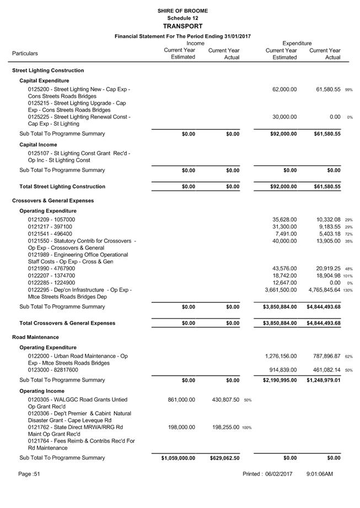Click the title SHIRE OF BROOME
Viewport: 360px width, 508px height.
[182, 10]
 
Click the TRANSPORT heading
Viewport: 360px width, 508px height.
[182, 26]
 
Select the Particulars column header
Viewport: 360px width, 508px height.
[25, 53]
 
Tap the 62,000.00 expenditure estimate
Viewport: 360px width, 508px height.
[284, 89]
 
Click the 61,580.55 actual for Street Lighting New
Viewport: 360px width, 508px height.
[325, 89]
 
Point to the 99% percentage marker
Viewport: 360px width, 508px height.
[349, 90]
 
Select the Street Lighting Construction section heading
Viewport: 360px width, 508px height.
[48, 71]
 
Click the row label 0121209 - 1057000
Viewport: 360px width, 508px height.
[51, 220]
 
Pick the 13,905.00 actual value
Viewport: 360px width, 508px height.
[325, 241]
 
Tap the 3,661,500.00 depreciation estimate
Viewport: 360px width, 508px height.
[281, 290]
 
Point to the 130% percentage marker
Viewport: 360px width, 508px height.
[348, 290]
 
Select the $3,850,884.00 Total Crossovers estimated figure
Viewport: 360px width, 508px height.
[280, 323]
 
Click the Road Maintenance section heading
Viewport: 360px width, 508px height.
[35, 337]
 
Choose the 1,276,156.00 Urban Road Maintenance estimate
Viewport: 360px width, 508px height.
[281, 356]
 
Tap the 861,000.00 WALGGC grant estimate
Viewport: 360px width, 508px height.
[181, 400]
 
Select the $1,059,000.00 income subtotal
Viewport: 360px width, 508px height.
[178, 458]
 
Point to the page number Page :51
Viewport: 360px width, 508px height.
[29, 474]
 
